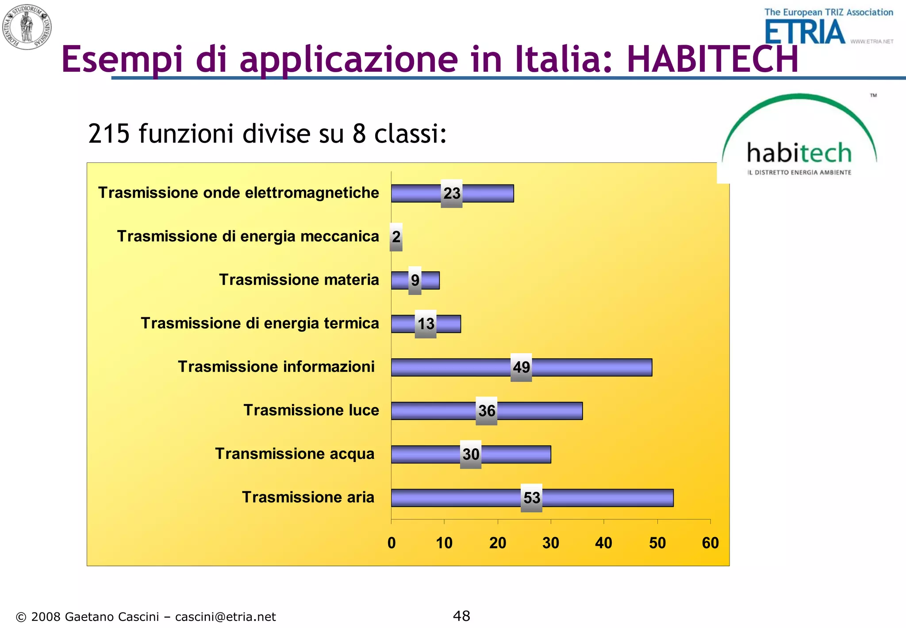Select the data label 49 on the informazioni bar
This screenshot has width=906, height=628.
click(521, 367)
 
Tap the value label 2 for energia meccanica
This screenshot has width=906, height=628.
click(396, 237)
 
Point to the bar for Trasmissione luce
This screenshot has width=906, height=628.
click(540, 411)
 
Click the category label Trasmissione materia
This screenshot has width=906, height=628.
click(299, 280)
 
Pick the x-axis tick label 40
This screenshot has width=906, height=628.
click(604, 543)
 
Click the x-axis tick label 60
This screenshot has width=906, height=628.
click(710, 543)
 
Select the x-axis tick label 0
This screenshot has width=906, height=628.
click(392, 543)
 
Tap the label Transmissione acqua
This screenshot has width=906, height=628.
click(295, 454)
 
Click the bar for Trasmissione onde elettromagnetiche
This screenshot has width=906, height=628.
click(487, 193)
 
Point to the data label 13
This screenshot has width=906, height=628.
click(426, 324)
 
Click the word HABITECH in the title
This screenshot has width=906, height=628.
click(712, 59)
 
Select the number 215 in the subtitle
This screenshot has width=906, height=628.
click(109, 134)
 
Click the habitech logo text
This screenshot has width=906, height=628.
click(799, 153)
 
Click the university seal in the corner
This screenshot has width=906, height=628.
click(27, 27)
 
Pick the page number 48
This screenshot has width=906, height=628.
click(461, 616)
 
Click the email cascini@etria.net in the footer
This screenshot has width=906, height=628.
click(225, 617)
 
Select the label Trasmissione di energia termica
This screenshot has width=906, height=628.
click(260, 324)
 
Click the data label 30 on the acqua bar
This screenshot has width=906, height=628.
click(471, 455)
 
